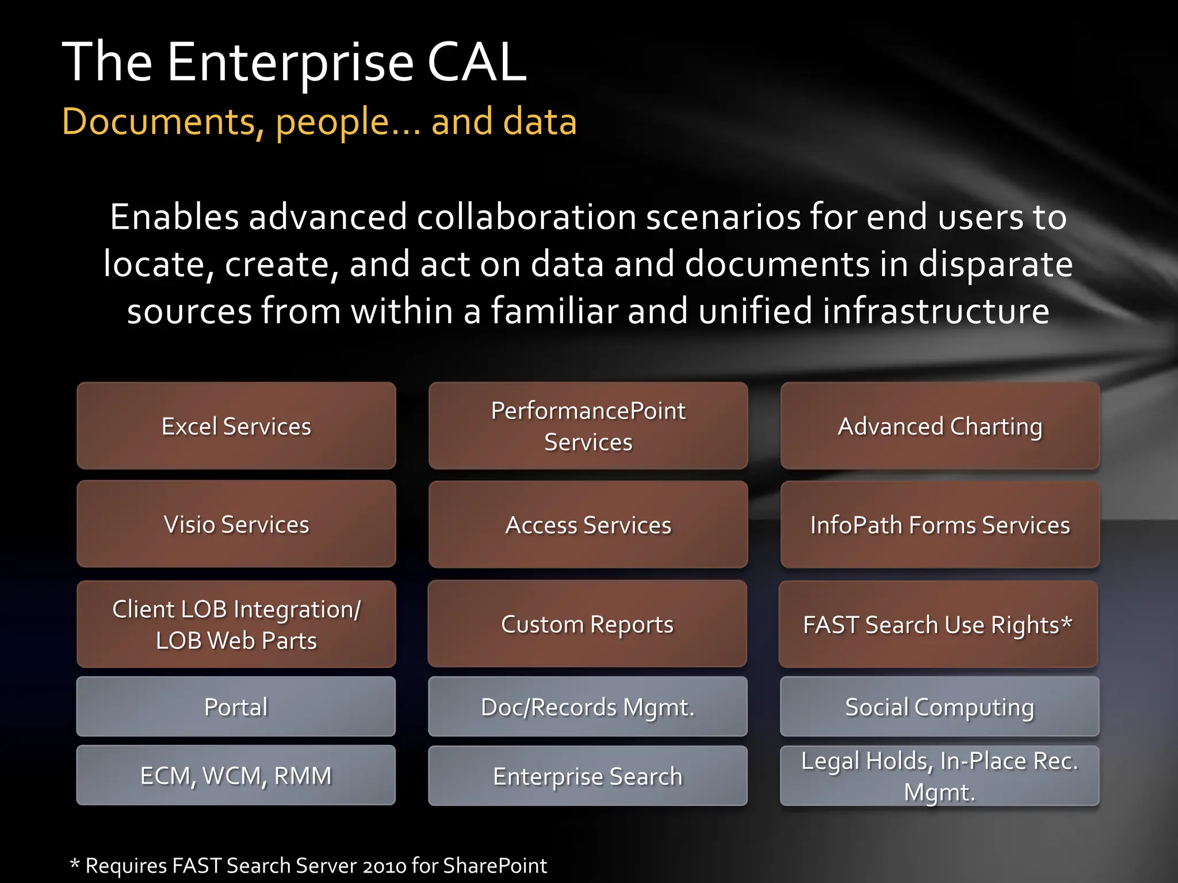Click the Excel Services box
236,426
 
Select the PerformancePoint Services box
588,426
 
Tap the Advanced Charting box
940,426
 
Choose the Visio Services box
236,524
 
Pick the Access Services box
588,525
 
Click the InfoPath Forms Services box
940,525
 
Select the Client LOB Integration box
236,624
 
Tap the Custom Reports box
587,624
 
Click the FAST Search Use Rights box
938,624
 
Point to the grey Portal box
236,707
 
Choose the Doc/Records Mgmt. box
587,707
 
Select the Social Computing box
939,707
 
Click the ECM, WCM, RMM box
236,775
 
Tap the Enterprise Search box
587,776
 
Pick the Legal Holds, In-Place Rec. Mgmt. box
939,776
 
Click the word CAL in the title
476,62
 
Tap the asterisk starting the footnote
74,863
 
